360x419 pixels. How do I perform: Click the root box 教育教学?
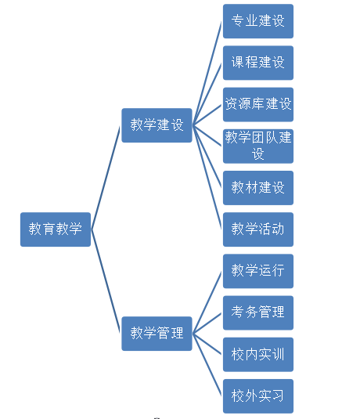coord(56,229)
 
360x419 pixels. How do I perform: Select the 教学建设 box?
coord(157,125)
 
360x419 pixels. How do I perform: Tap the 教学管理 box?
coord(157,334)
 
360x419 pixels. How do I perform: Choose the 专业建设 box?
coord(258,21)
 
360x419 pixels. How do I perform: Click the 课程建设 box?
coord(258,63)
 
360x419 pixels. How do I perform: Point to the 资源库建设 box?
coord(258,104)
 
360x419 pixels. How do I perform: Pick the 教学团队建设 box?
coord(258,146)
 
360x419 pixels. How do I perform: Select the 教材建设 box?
coord(258,188)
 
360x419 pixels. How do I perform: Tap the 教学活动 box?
coord(258,229)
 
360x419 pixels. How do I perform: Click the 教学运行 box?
coord(258,271)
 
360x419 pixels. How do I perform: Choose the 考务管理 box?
coord(258,312)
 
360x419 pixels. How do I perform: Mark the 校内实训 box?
coord(258,354)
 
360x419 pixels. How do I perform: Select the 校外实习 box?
coord(258,396)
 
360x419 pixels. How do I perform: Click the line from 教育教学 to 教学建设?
coord(106,177)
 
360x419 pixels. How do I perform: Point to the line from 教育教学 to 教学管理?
coord(106,281)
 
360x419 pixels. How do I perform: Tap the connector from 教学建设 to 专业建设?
coord(207,73)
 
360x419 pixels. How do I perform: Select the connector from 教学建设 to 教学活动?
coord(207,177)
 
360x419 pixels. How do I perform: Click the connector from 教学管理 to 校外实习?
coord(207,365)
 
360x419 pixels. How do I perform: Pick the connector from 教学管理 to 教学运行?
coord(207,302)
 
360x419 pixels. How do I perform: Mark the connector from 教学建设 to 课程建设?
coord(207,94)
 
